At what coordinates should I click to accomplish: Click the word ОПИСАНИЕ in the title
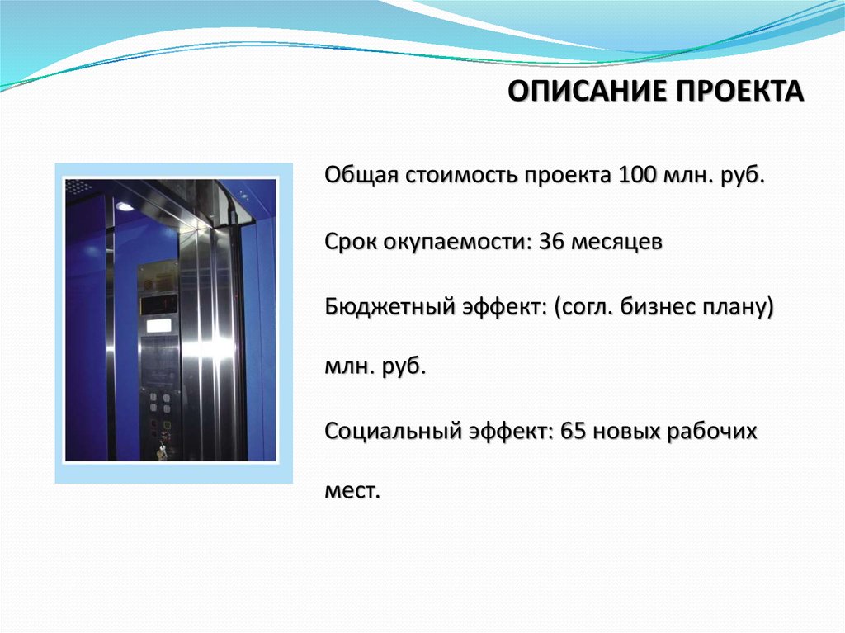coord(588,91)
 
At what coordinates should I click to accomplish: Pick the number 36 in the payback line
coord(550,242)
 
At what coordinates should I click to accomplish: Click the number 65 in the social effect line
coord(573,431)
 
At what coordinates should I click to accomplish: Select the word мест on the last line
coord(352,492)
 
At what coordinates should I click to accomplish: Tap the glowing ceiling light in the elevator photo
coord(124,206)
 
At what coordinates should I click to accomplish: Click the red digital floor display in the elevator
coord(158,304)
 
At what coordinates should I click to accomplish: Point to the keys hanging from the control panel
coord(161,451)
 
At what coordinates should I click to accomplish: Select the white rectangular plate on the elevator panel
coord(158,325)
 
